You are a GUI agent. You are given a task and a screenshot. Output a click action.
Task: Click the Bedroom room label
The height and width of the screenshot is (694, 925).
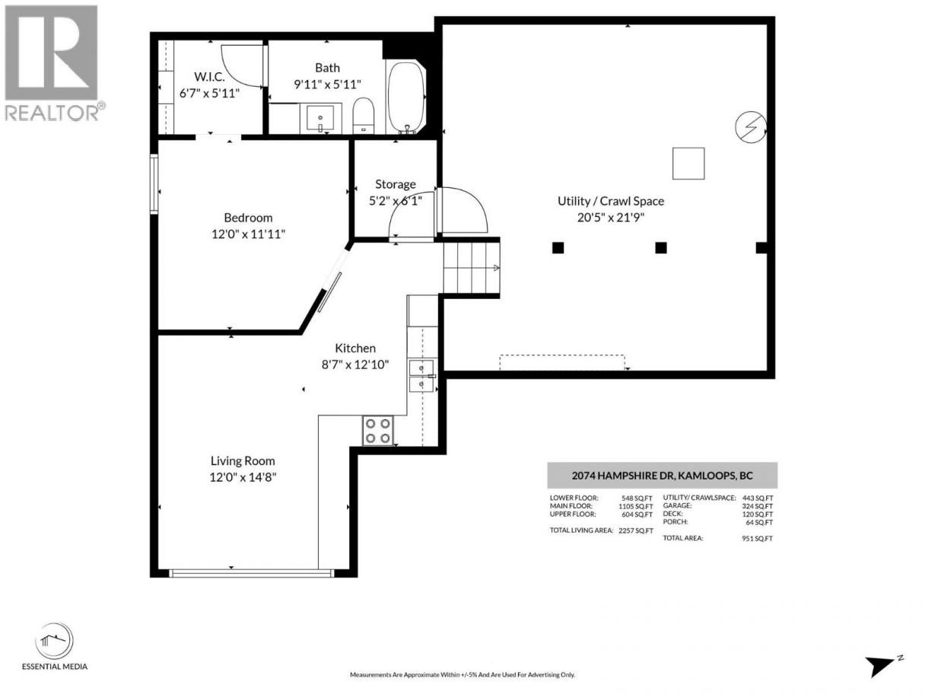pos(248,218)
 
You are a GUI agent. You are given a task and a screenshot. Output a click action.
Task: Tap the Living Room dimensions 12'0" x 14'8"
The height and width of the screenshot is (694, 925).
pos(243,477)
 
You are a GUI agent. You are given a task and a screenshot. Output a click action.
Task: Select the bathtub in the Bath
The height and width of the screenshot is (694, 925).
pos(405,97)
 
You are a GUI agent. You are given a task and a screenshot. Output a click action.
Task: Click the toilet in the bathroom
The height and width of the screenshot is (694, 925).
pos(364,115)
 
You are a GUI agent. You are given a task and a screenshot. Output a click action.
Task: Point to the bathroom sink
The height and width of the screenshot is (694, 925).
pos(320,118)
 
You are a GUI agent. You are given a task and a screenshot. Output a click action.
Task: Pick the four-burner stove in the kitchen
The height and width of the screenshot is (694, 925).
pos(377,431)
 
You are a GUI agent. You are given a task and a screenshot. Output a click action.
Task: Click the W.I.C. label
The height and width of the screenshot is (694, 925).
pos(209,77)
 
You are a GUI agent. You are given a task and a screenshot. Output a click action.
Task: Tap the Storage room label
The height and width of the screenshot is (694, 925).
pos(396,184)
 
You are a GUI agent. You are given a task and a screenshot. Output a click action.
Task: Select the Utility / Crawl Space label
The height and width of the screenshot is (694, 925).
pos(611,201)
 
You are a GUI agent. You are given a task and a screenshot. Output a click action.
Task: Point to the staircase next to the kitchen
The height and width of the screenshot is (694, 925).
pos(472,268)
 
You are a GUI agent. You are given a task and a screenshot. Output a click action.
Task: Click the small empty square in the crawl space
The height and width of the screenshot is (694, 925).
pos(688,164)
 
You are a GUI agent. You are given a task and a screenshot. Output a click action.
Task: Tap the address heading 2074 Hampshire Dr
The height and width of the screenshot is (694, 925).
pos(662,476)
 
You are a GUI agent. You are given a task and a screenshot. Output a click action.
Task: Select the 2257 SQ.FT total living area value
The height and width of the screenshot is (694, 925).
pos(635,531)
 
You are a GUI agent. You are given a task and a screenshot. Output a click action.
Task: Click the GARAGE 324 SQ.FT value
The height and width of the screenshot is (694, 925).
pos(758,506)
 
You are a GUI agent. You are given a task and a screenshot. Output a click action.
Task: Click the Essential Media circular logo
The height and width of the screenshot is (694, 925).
pos(54,641)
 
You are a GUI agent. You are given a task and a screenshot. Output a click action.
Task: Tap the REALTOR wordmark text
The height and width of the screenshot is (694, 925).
pos(52,113)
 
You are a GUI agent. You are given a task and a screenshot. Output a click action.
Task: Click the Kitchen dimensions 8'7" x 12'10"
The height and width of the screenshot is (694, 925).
pos(355,365)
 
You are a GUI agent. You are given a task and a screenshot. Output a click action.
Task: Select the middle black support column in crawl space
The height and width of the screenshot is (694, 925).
pos(661,248)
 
